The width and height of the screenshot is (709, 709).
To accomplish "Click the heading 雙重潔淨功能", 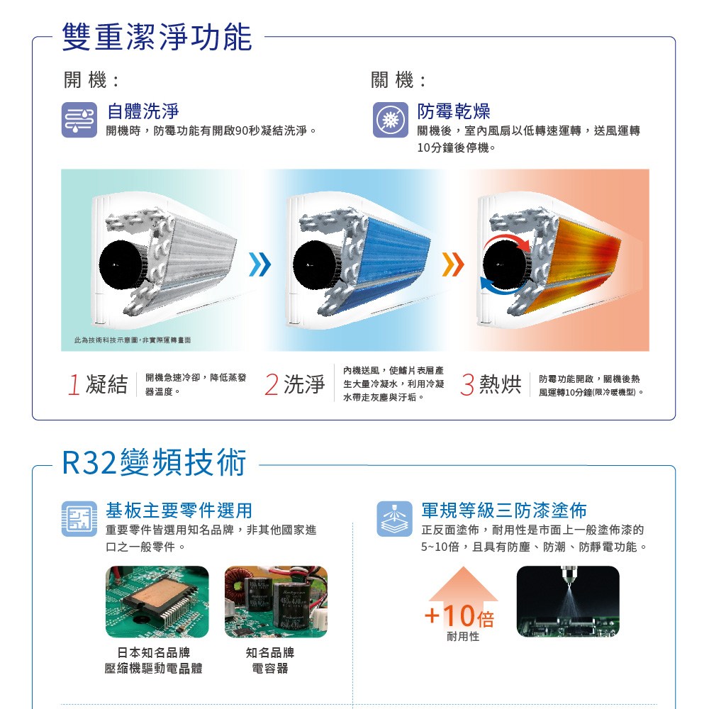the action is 157,37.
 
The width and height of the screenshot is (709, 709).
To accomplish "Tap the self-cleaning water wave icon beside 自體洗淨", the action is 79,120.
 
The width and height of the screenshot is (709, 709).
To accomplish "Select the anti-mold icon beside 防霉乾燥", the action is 391,120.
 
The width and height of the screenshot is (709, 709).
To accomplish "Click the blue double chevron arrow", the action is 260,264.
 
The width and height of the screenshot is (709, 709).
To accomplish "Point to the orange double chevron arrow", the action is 453,264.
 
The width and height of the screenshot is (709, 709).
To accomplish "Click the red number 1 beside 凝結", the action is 74,385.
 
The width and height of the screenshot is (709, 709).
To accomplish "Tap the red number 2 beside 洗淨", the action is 272,385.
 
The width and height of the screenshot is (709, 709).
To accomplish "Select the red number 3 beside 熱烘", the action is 467,385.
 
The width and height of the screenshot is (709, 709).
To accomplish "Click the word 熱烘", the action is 500,384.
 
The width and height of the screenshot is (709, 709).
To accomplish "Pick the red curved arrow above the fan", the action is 506,239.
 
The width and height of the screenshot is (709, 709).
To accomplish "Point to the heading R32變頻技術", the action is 154,462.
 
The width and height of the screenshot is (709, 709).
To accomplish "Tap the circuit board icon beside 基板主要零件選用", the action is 79,519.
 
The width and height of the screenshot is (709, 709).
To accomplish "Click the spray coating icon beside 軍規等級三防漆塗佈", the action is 394,519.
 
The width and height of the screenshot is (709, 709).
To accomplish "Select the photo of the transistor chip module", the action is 157,601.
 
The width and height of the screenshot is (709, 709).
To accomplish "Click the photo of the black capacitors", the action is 276,601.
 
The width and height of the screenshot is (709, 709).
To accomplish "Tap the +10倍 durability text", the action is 460,616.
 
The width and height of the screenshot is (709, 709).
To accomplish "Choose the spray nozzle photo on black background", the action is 568,601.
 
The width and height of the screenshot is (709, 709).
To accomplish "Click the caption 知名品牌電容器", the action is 270,660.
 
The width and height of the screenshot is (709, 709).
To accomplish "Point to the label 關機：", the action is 398,81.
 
